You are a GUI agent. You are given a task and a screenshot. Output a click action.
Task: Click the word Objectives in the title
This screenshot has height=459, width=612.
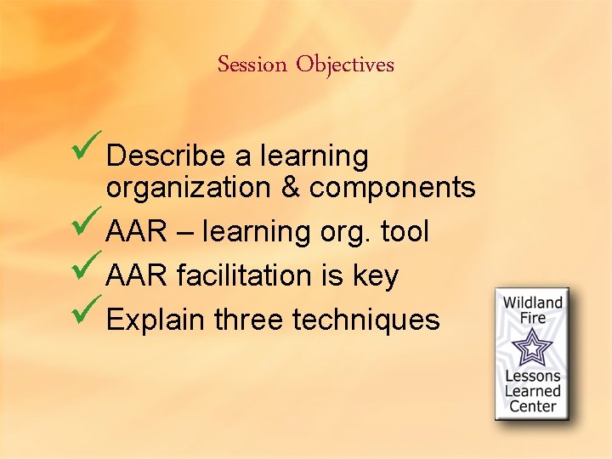point(345,65)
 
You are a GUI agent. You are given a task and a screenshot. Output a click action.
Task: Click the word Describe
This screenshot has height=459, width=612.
point(167,156)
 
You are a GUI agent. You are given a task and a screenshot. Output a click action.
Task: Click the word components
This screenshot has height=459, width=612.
point(392,188)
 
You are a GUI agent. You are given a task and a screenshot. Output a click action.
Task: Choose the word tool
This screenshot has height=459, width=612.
point(405,231)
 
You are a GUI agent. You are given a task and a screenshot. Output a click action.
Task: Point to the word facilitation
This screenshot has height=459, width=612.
point(249,275)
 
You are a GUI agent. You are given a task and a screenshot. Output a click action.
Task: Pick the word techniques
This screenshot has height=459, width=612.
point(366,320)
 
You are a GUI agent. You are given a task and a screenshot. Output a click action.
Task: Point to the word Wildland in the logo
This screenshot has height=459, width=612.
point(533,303)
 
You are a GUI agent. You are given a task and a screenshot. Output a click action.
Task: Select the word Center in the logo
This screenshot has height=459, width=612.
point(533,406)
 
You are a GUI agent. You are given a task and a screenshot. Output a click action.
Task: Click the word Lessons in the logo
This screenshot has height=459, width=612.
point(533,377)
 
